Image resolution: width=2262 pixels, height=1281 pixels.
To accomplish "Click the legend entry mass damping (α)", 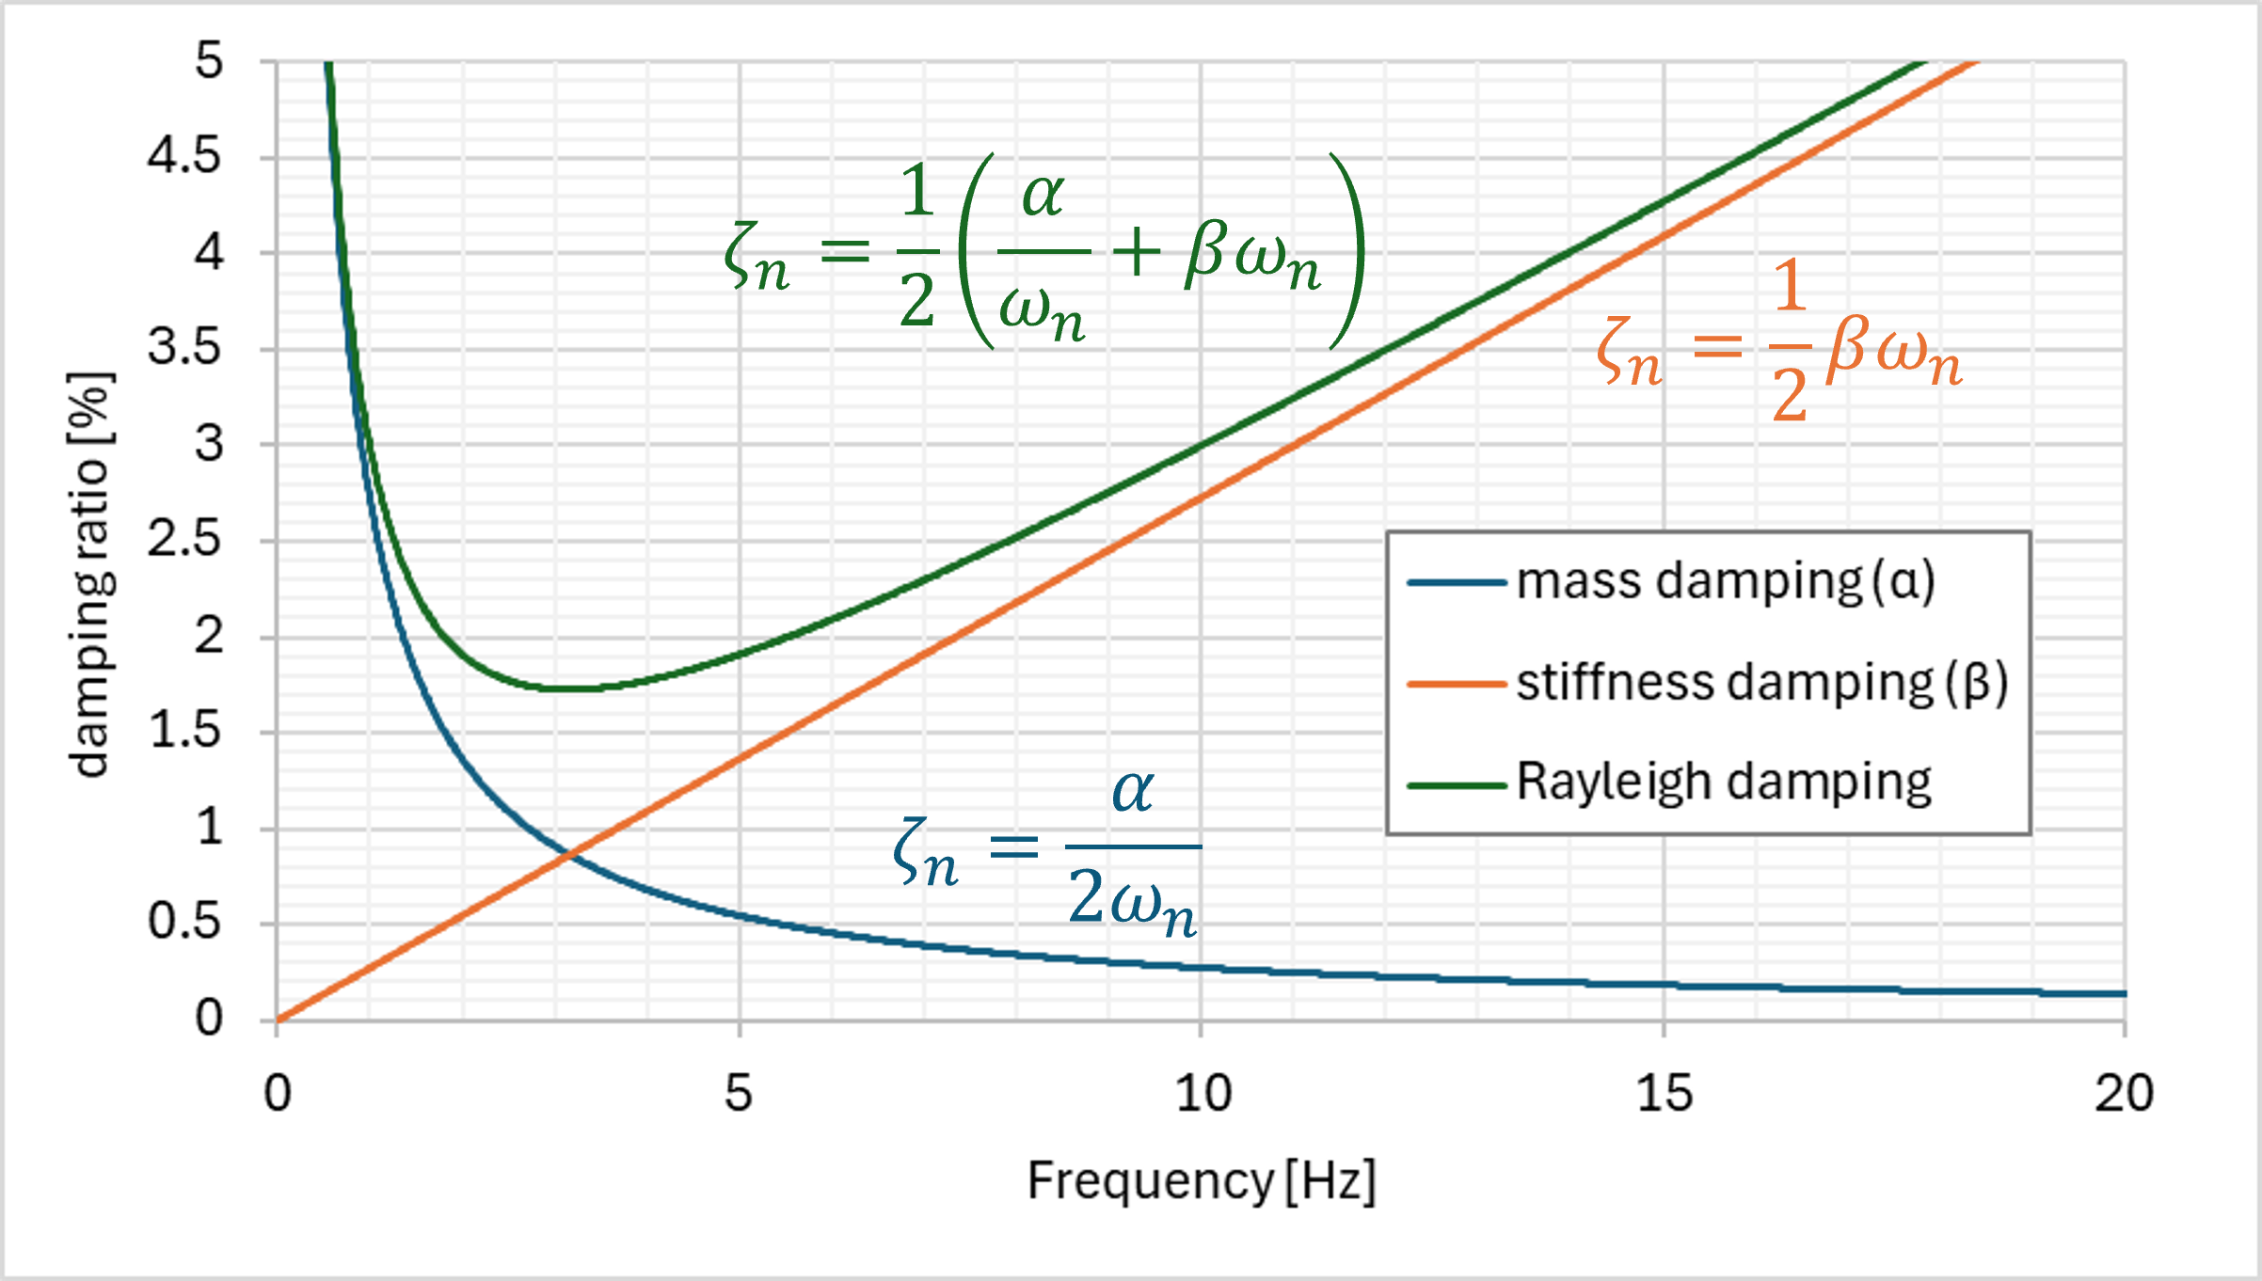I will click(x=1725, y=581).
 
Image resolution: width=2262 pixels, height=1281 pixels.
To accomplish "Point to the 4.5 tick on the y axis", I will click(x=184, y=156).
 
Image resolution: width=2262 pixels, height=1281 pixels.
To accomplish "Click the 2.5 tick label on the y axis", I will click(x=184, y=540).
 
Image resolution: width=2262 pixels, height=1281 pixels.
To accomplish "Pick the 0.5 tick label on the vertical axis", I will click(x=184, y=923).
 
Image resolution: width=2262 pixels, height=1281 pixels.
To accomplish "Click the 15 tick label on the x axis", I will click(x=1664, y=1094).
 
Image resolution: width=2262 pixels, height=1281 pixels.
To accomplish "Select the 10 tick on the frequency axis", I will click(x=1203, y=1094).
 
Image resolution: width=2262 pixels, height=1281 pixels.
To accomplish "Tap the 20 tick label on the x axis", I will click(x=2124, y=1094).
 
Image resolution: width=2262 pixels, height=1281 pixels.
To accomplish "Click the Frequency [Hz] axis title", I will click(x=1202, y=1180).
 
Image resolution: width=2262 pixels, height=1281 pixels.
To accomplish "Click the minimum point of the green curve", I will click(x=570, y=688).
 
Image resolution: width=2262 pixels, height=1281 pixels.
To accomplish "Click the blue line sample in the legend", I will click(x=1457, y=583).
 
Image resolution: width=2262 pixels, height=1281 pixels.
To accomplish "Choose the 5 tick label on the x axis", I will click(x=739, y=1094).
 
